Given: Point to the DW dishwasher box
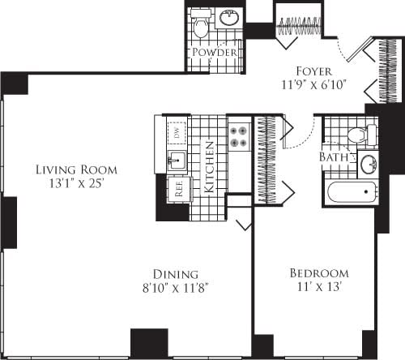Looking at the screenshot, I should [176, 131].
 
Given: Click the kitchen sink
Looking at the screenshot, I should [175, 158].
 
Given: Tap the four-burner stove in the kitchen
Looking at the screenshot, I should [239, 136].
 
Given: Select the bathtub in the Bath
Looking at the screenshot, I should [349, 194].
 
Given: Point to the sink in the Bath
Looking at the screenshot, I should [369, 163].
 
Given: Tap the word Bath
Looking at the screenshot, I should [333, 156].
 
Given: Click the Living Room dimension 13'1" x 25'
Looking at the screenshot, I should [75, 184].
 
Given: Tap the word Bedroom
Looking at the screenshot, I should [318, 273].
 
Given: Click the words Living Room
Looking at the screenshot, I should [75, 170].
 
